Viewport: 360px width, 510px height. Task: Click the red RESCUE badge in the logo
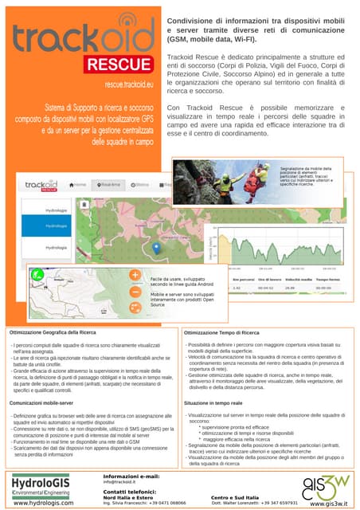pyautogui.click(x=119, y=62)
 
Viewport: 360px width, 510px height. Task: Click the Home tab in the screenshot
pyautogui.click(x=78, y=184)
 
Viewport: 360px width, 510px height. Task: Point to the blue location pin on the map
pyautogui.click(x=157, y=248)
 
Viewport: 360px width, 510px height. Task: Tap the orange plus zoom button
pyautogui.click(x=135, y=275)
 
